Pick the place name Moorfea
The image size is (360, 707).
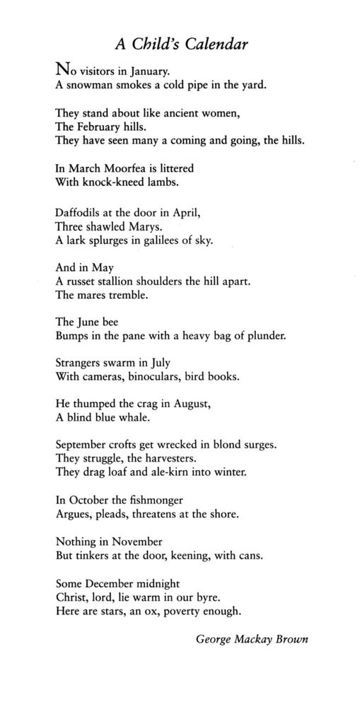[x=125, y=169]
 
